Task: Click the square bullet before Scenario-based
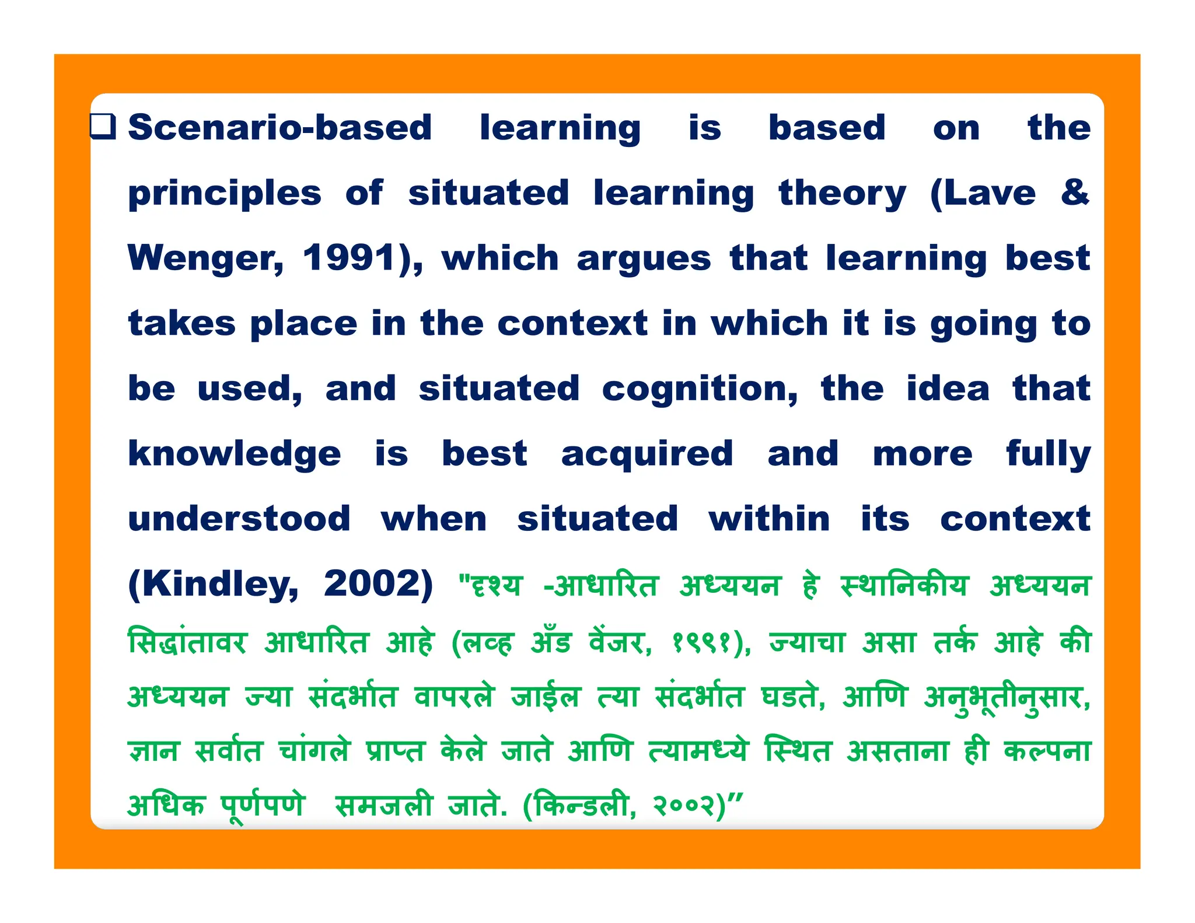point(103,126)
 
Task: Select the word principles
point(225,194)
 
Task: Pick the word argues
point(644,260)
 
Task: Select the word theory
point(843,194)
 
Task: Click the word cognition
point(699,389)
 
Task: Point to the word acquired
point(647,454)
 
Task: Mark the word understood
point(239,519)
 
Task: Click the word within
point(769,519)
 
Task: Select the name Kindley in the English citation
point(213,584)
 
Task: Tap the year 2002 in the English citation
point(378,583)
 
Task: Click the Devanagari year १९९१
point(703,643)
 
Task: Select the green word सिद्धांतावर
point(187,642)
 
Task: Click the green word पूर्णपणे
point(263,806)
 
